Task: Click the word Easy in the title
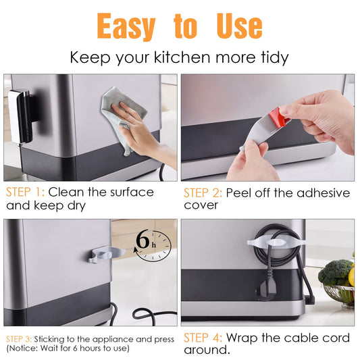click(126, 26)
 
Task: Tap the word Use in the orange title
click(239, 26)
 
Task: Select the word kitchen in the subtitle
click(182, 57)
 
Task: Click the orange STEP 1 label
click(25, 192)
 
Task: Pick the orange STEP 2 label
click(203, 192)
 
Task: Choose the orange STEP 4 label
click(203, 338)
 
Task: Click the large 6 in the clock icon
click(143, 240)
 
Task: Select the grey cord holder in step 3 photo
click(106, 254)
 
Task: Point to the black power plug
click(267, 288)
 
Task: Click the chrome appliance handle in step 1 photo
click(20, 117)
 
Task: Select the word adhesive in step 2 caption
click(324, 192)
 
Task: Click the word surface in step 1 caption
click(132, 192)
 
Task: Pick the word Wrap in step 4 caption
click(242, 338)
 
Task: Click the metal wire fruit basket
click(339, 296)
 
